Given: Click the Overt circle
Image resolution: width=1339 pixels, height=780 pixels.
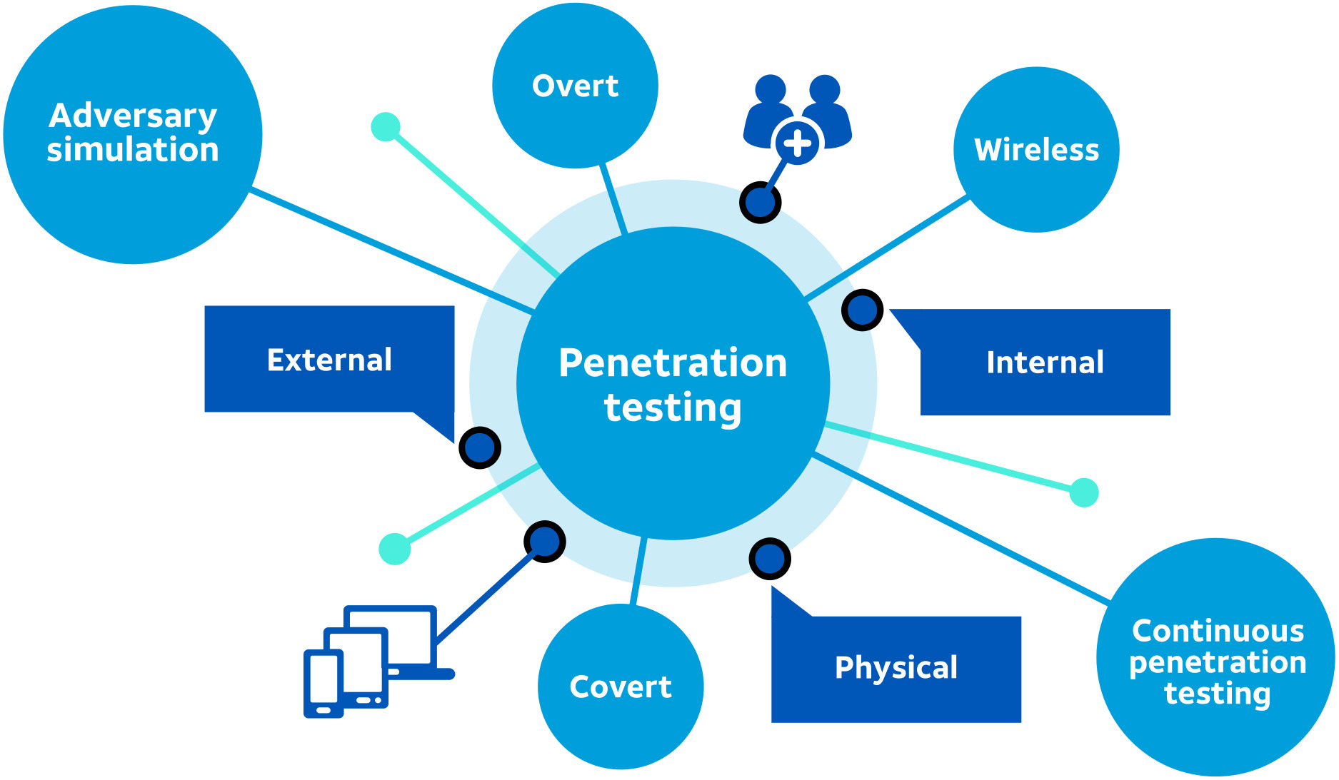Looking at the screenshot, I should tap(575, 86).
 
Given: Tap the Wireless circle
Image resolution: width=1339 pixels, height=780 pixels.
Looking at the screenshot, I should tap(1036, 150).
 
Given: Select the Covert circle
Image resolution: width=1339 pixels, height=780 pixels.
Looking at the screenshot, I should tap(620, 687).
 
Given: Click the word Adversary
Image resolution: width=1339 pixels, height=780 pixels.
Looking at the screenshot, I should tap(133, 116).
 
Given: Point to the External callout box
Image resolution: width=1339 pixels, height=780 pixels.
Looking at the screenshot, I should tap(329, 360).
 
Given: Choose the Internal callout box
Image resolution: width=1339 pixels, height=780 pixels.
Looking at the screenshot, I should tap(1045, 363).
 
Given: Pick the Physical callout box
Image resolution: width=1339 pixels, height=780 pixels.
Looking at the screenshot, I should tap(896, 668).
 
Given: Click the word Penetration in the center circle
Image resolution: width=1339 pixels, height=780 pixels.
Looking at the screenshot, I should tap(672, 363).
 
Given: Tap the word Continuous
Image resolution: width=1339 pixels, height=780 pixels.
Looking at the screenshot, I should tap(1218, 631).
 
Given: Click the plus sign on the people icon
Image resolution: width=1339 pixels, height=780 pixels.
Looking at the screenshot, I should tap(797, 143).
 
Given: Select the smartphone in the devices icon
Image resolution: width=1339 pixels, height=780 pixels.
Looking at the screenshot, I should tap(324, 683).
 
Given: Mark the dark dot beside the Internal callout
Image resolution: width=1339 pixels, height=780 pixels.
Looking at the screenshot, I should tap(863, 310).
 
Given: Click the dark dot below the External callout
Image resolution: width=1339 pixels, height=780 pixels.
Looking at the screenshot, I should tap(479, 447).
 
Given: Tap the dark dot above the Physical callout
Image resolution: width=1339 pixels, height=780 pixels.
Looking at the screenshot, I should tap(769, 559).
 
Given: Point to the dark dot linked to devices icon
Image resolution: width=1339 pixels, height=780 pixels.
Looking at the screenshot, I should tap(545, 542).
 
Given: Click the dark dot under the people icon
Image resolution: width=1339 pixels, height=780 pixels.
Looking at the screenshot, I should tap(760, 203).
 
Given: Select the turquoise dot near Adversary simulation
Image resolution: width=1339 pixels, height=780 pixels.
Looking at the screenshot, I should tap(386, 127).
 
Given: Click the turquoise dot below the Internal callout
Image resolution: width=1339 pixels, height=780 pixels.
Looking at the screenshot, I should tap(1083, 492).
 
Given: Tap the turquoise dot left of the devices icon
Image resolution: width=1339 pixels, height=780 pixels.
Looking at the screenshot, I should tap(395, 549).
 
